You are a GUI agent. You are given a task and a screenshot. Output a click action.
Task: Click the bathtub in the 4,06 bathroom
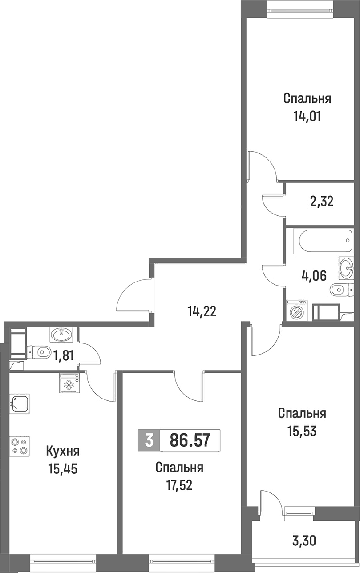point(324,240)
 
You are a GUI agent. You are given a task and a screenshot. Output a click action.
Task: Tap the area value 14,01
point(307,117)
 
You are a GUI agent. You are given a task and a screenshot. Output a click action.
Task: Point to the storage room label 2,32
point(322,202)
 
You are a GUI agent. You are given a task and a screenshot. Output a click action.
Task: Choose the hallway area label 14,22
point(202,311)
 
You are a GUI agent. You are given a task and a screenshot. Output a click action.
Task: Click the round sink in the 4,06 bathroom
point(346,268)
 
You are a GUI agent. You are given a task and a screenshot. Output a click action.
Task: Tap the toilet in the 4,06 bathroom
point(342,290)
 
